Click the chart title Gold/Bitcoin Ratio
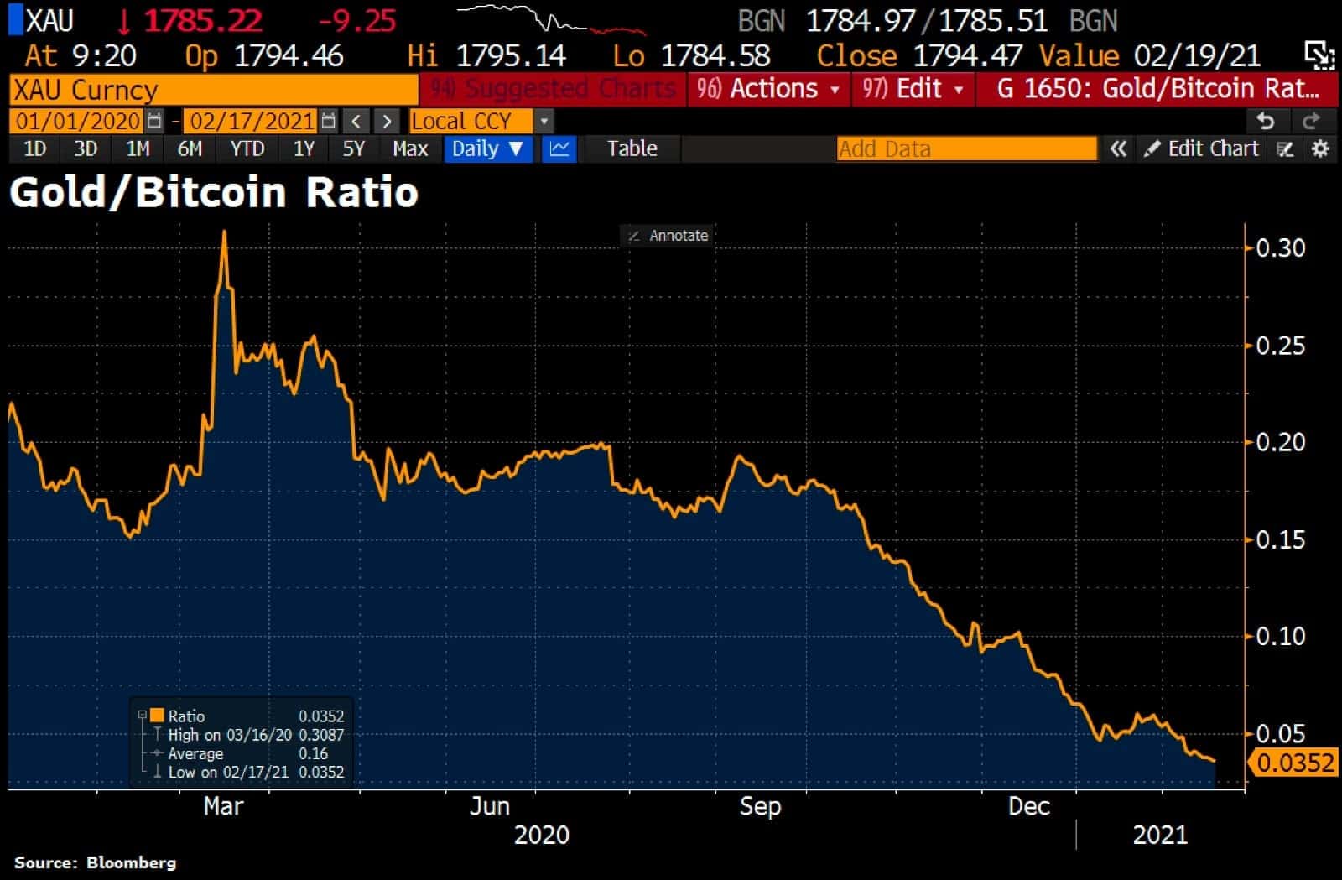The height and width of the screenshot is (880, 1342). coord(214,192)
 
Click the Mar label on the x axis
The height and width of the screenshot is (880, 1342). coord(223,806)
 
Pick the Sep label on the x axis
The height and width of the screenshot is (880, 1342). coord(760,806)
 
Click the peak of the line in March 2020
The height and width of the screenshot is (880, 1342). coord(224,232)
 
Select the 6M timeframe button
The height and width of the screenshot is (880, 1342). coord(190,149)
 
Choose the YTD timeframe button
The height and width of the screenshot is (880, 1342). coord(247,149)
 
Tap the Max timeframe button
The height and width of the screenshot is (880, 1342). coord(410,149)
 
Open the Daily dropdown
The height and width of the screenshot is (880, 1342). coord(487,149)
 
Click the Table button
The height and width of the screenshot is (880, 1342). coord(632,149)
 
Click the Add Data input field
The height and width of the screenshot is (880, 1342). coord(966,149)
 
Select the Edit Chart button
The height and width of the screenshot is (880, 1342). coord(1203,149)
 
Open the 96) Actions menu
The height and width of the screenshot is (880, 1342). coord(767,89)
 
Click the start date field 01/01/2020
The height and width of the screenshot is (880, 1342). coord(78,121)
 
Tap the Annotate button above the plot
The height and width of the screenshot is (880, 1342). coord(668,236)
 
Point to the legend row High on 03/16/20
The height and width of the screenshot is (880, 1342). coord(230,735)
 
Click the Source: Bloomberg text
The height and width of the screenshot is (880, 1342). coord(95,862)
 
